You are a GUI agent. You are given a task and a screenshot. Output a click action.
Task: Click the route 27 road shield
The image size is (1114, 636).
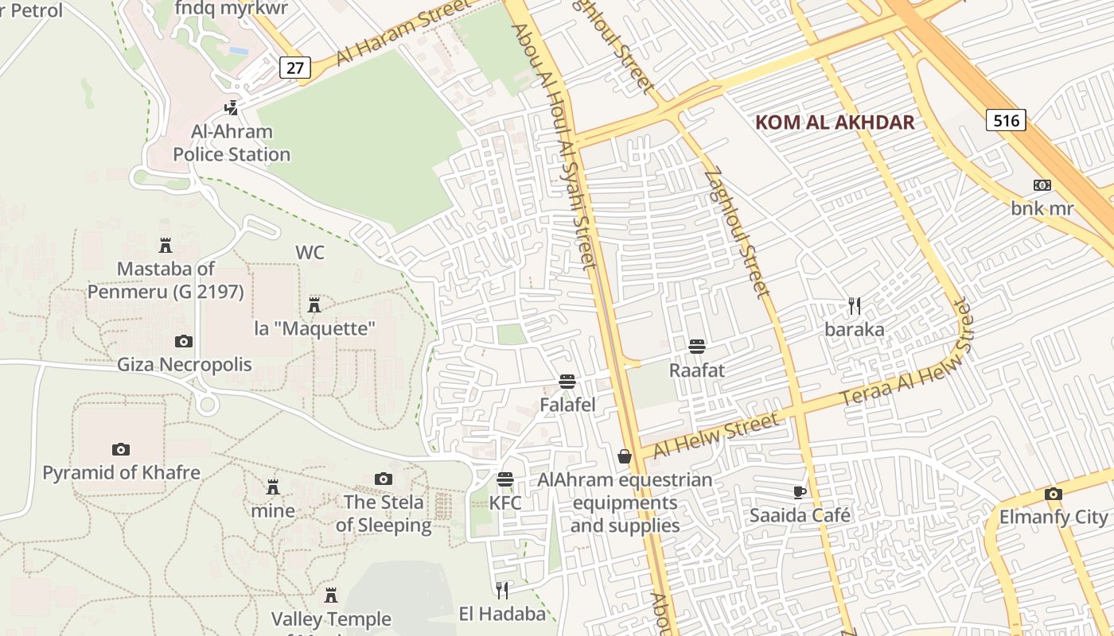(x=294, y=68)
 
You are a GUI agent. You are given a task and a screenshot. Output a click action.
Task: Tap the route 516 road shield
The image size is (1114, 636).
(x=1006, y=120)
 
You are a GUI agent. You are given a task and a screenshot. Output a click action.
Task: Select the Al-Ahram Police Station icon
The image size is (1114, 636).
(x=232, y=107)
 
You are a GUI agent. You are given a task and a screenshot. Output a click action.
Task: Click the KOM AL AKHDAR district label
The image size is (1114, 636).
(x=834, y=122)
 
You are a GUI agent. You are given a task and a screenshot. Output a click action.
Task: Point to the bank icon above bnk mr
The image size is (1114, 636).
(x=1042, y=185)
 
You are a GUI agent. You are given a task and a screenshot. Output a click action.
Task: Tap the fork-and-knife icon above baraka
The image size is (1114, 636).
(x=855, y=305)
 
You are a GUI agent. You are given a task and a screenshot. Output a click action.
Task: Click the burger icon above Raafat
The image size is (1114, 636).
(x=697, y=347)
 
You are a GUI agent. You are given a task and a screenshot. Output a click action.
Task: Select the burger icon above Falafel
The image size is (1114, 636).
(x=567, y=382)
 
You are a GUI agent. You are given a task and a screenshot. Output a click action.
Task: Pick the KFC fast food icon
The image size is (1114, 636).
(x=505, y=479)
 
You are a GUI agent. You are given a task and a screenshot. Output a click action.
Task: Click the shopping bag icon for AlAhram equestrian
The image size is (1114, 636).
(x=625, y=456)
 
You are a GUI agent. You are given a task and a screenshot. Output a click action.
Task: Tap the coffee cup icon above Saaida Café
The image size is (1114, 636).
(x=800, y=492)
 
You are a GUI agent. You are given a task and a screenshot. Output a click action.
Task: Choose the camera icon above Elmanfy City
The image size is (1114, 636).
(x=1054, y=494)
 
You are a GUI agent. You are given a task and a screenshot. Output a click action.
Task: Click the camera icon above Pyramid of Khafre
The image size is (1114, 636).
(x=121, y=449)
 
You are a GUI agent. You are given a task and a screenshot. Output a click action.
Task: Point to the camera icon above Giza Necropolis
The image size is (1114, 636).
(x=184, y=341)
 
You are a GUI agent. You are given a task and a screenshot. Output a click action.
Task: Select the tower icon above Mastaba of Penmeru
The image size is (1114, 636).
(x=166, y=245)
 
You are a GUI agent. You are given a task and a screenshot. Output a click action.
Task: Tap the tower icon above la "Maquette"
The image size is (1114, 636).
(x=314, y=304)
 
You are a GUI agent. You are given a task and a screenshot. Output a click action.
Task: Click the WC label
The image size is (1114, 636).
(x=310, y=253)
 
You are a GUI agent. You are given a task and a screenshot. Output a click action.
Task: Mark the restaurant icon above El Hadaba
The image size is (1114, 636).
(x=502, y=590)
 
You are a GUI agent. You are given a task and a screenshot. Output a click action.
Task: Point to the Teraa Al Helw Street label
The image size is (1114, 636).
(x=907, y=354)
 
